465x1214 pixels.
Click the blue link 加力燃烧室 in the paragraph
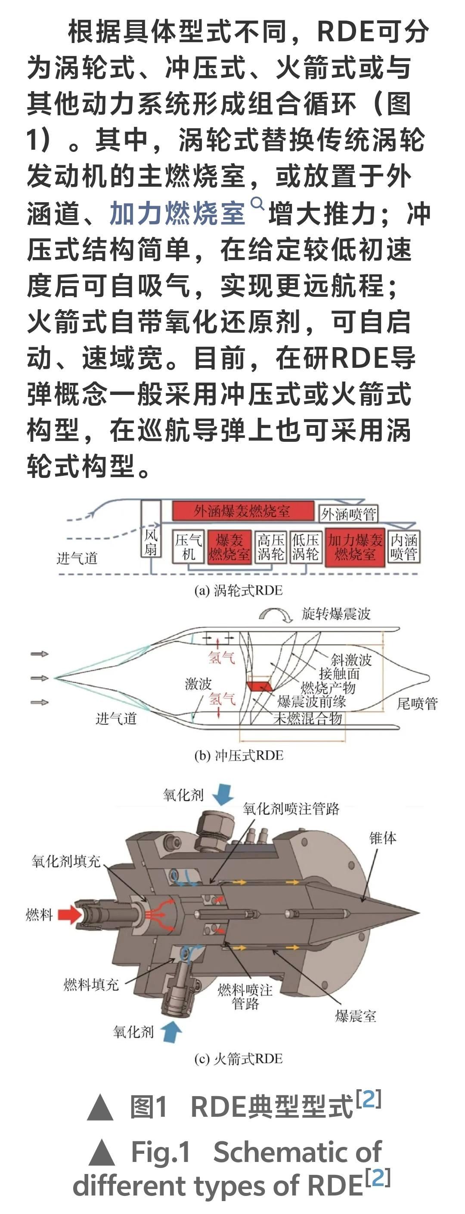[177, 213]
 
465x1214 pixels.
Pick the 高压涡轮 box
[271, 547]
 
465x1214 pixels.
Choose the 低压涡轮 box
[305, 547]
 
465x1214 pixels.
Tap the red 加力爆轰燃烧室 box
[356, 547]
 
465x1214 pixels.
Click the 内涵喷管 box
[404, 547]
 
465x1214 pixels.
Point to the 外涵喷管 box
[348, 514]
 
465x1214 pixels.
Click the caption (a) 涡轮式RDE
[238, 591]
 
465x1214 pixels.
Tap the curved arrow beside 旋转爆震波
[276, 614]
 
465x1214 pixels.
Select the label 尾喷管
[417, 704]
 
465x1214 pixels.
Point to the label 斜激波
[351, 660]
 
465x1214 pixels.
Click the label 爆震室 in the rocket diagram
[356, 1016]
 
